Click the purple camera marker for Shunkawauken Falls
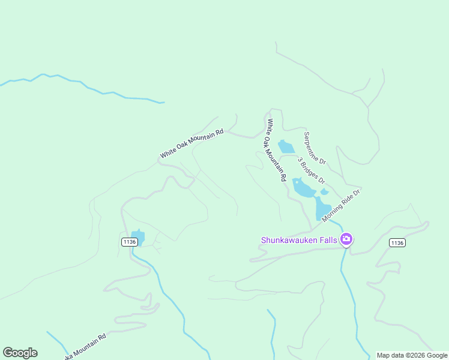point(346,239)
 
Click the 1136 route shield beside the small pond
point(129,241)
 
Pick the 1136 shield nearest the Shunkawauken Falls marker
point(397,242)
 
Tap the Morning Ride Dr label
point(340,205)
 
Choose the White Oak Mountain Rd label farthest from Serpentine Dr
point(191,143)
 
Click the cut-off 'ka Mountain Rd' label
point(85,346)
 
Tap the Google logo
point(20,353)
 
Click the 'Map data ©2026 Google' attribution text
point(412,355)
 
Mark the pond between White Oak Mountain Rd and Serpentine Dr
point(286,147)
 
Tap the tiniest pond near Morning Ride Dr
point(325,192)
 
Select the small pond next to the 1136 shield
point(138,238)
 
